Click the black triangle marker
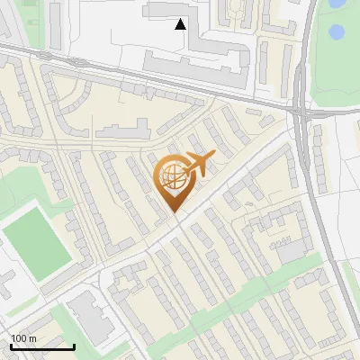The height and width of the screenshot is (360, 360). click(x=181, y=24)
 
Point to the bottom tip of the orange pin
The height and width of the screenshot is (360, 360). click(x=174, y=212)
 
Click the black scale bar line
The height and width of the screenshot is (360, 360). click(x=42, y=346)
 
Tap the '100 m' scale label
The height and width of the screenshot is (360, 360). click(x=23, y=338)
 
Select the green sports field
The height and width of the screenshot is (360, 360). click(x=36, y=242)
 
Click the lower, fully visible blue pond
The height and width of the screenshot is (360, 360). click(x=337, y=33)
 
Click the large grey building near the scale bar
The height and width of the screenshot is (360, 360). click(x=87, y=315)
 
